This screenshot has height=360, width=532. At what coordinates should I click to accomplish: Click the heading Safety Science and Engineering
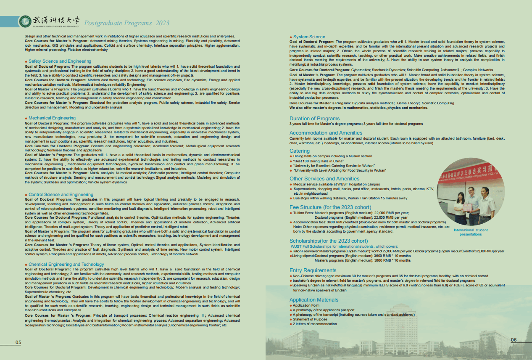click(60, 61)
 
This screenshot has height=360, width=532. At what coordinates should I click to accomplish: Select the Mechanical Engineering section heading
click(52, 118)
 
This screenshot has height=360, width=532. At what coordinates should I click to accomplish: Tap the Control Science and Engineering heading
click(61, 195)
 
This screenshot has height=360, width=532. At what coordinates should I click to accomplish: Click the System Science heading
click(309, 37)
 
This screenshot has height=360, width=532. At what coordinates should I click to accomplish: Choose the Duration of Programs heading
click(314, 119)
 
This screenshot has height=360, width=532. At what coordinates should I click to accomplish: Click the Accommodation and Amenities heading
click(326, 133)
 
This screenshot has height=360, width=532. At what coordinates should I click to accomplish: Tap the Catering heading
click(300, 151)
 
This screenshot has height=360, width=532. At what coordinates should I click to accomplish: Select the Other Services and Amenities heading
click(324, 179)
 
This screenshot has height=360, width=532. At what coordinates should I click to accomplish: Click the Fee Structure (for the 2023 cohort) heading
click(330, 207)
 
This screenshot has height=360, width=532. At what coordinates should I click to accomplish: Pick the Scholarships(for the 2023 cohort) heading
click(329, 241)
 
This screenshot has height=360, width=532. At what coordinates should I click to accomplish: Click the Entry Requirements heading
click(313, 270)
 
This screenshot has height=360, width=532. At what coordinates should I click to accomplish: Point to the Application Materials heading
click(313, 300)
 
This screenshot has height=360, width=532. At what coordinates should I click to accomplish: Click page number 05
click(18, 343)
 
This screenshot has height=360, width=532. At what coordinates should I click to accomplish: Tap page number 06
click(514, 340)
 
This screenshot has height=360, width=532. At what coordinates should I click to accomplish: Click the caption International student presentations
click(471, 232)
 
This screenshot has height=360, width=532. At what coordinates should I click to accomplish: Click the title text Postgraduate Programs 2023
click(127, 23)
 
